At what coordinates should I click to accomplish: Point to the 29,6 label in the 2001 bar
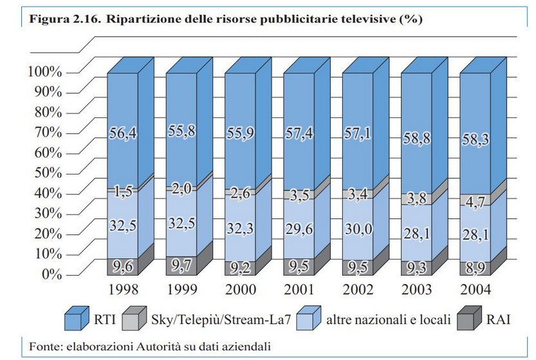coord(297,226)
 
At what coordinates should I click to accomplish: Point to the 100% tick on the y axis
coord(44,71)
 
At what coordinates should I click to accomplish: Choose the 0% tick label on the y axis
coord(51,275)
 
